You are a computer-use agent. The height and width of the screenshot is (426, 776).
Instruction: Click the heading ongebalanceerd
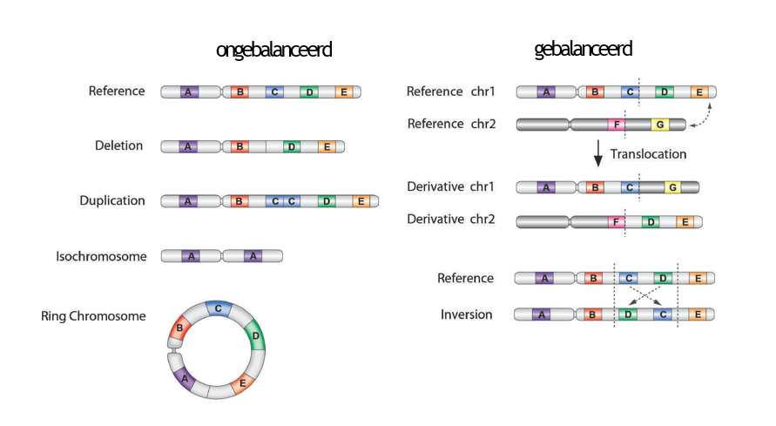point(273,50)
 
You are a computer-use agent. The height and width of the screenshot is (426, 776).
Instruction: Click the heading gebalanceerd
point(583,50)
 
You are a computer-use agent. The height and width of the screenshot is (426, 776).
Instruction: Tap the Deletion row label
point(118,145)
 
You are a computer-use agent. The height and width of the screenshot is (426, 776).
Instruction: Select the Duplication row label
point(112,200)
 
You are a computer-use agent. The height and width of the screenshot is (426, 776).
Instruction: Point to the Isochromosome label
point(101,256)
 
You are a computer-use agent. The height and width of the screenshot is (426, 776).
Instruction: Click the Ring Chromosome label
point(93,316)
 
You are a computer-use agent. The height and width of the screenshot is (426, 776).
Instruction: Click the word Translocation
point(648,154)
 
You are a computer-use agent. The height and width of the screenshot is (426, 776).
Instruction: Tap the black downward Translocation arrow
point(597,152)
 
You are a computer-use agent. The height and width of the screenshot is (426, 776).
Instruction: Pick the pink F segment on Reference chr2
point(617,125)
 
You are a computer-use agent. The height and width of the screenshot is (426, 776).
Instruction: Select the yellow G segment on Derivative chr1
point(672,187)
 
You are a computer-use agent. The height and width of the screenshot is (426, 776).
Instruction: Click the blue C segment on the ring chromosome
point(218,308)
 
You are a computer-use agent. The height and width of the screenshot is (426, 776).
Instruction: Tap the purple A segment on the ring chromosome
point(184,378)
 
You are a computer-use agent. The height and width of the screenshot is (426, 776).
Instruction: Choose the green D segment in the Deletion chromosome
point(292,147)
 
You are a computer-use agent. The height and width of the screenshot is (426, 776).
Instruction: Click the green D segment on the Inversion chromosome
point(628,314)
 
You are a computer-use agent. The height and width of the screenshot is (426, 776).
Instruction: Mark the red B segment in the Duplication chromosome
point(239,201)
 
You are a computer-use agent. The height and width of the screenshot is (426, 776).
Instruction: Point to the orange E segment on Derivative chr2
point(685,221)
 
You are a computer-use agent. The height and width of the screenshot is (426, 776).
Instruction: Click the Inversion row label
point(467,314)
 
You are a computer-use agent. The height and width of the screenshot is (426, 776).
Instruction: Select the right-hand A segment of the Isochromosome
point(253,256)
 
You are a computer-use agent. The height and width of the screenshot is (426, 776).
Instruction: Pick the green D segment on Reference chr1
point(665,92)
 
